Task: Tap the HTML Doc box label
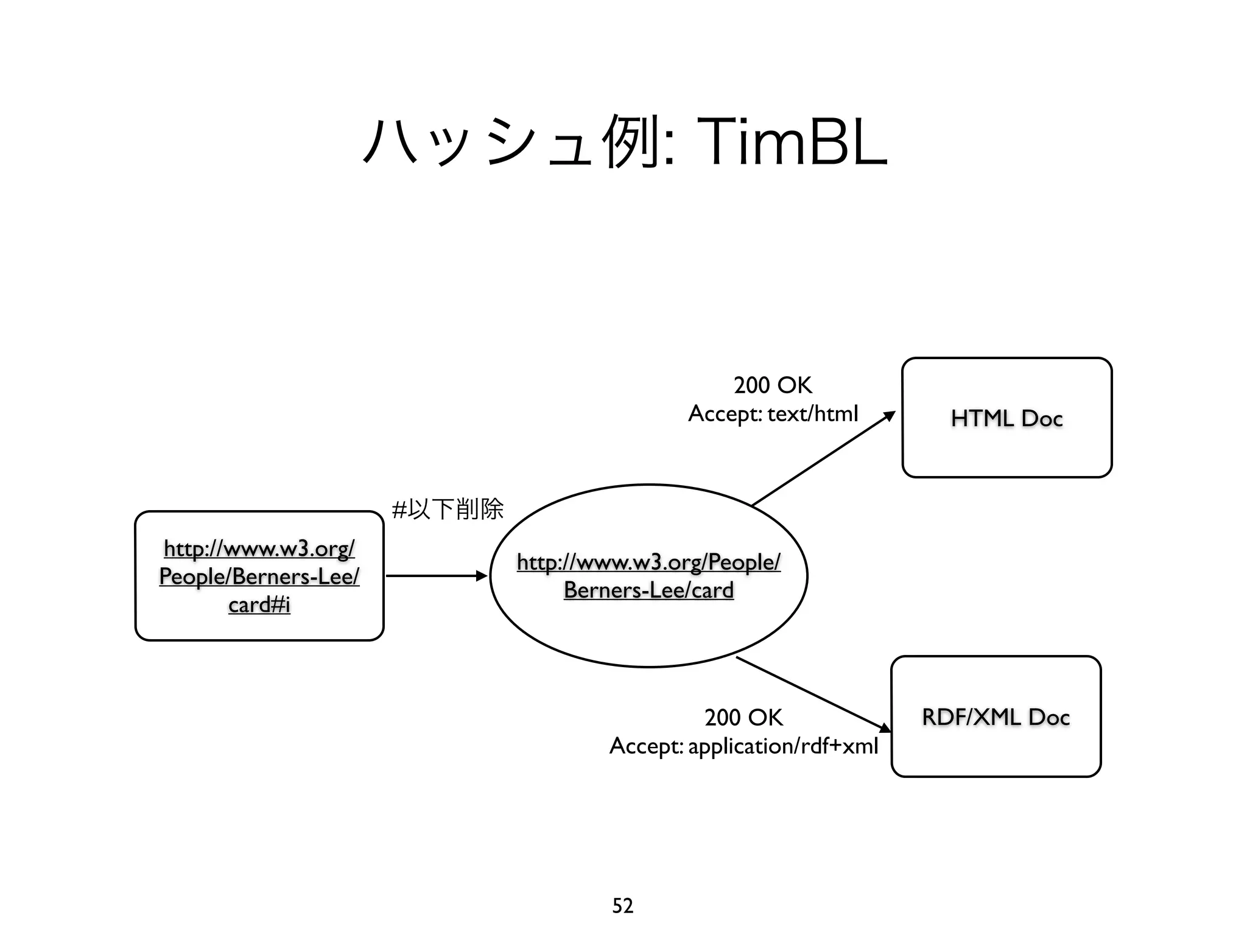[x=1006, y=418]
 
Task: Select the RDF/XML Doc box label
[x=996, y=716]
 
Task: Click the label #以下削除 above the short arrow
[x=448, y=508]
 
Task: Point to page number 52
[x=622, y=906]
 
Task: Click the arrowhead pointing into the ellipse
[x=482, y=576]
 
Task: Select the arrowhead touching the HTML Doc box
[x=890, y=416]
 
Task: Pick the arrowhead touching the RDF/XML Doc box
[x=885, y=728]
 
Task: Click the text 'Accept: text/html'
[x=773, y=414]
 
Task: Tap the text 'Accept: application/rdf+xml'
[x=743, y=746]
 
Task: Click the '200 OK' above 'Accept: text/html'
[x=773, y=385]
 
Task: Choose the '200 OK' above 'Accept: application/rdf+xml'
[x=743, y=717]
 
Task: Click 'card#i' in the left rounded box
[x=259, y=604]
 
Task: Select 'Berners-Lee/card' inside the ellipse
[x=648, y=590]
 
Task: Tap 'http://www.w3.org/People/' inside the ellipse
[x=648, y=561]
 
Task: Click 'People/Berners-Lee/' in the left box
[x=259, y=576]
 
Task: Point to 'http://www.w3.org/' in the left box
[x=259, y=548]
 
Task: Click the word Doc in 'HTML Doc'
[x=1042, y=418]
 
